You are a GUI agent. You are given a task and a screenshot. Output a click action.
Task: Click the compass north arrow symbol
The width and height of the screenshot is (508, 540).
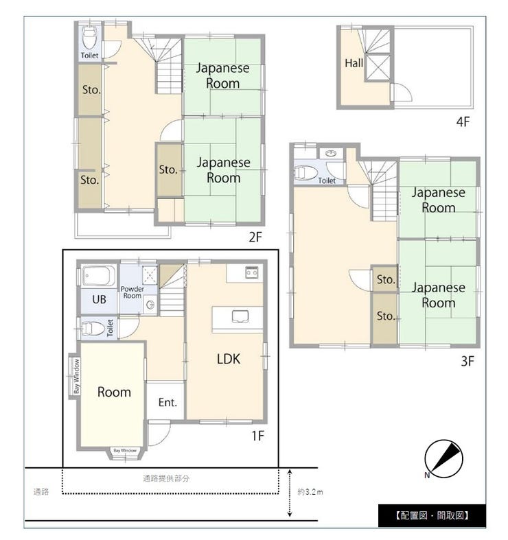tap(443, 459)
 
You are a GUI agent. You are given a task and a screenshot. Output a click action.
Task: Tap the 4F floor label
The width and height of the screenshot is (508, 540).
tap(463, 121)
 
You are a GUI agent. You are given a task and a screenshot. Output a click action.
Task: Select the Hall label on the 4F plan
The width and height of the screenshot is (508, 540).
tap(354, 63)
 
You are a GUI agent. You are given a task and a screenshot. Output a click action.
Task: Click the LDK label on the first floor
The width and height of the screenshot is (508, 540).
tap(229, 359)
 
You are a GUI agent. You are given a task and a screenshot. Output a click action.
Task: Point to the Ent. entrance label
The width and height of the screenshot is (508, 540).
tap(168, 402)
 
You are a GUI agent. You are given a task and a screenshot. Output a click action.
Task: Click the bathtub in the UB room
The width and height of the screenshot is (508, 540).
tap(99, 275)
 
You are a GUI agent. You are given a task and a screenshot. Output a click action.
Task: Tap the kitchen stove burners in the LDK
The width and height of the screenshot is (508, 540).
tap(251, 272)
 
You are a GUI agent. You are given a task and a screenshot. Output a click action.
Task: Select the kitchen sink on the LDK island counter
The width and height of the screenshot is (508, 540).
tap(240, 316)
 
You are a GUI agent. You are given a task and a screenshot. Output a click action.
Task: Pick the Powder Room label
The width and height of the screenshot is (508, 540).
tap(132, 292)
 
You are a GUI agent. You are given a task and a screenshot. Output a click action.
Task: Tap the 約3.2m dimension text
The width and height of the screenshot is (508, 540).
tap(310, 492)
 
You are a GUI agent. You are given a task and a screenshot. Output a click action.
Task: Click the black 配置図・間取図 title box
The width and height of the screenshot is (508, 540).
tap(432, 515)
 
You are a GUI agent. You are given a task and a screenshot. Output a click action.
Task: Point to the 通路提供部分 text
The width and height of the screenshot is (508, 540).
tap(166, 478)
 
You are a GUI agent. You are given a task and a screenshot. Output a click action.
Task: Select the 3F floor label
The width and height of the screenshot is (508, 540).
tap(467, 361)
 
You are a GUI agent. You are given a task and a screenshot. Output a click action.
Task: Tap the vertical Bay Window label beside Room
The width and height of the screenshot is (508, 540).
tap(76, 376)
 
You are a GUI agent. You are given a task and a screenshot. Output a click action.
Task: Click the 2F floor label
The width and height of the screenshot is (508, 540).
tap(255, 237)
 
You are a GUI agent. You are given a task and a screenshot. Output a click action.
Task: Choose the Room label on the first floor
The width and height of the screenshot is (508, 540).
tap(114, 392)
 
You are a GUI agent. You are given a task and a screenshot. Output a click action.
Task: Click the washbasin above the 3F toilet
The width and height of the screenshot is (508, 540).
tap(332, 153)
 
